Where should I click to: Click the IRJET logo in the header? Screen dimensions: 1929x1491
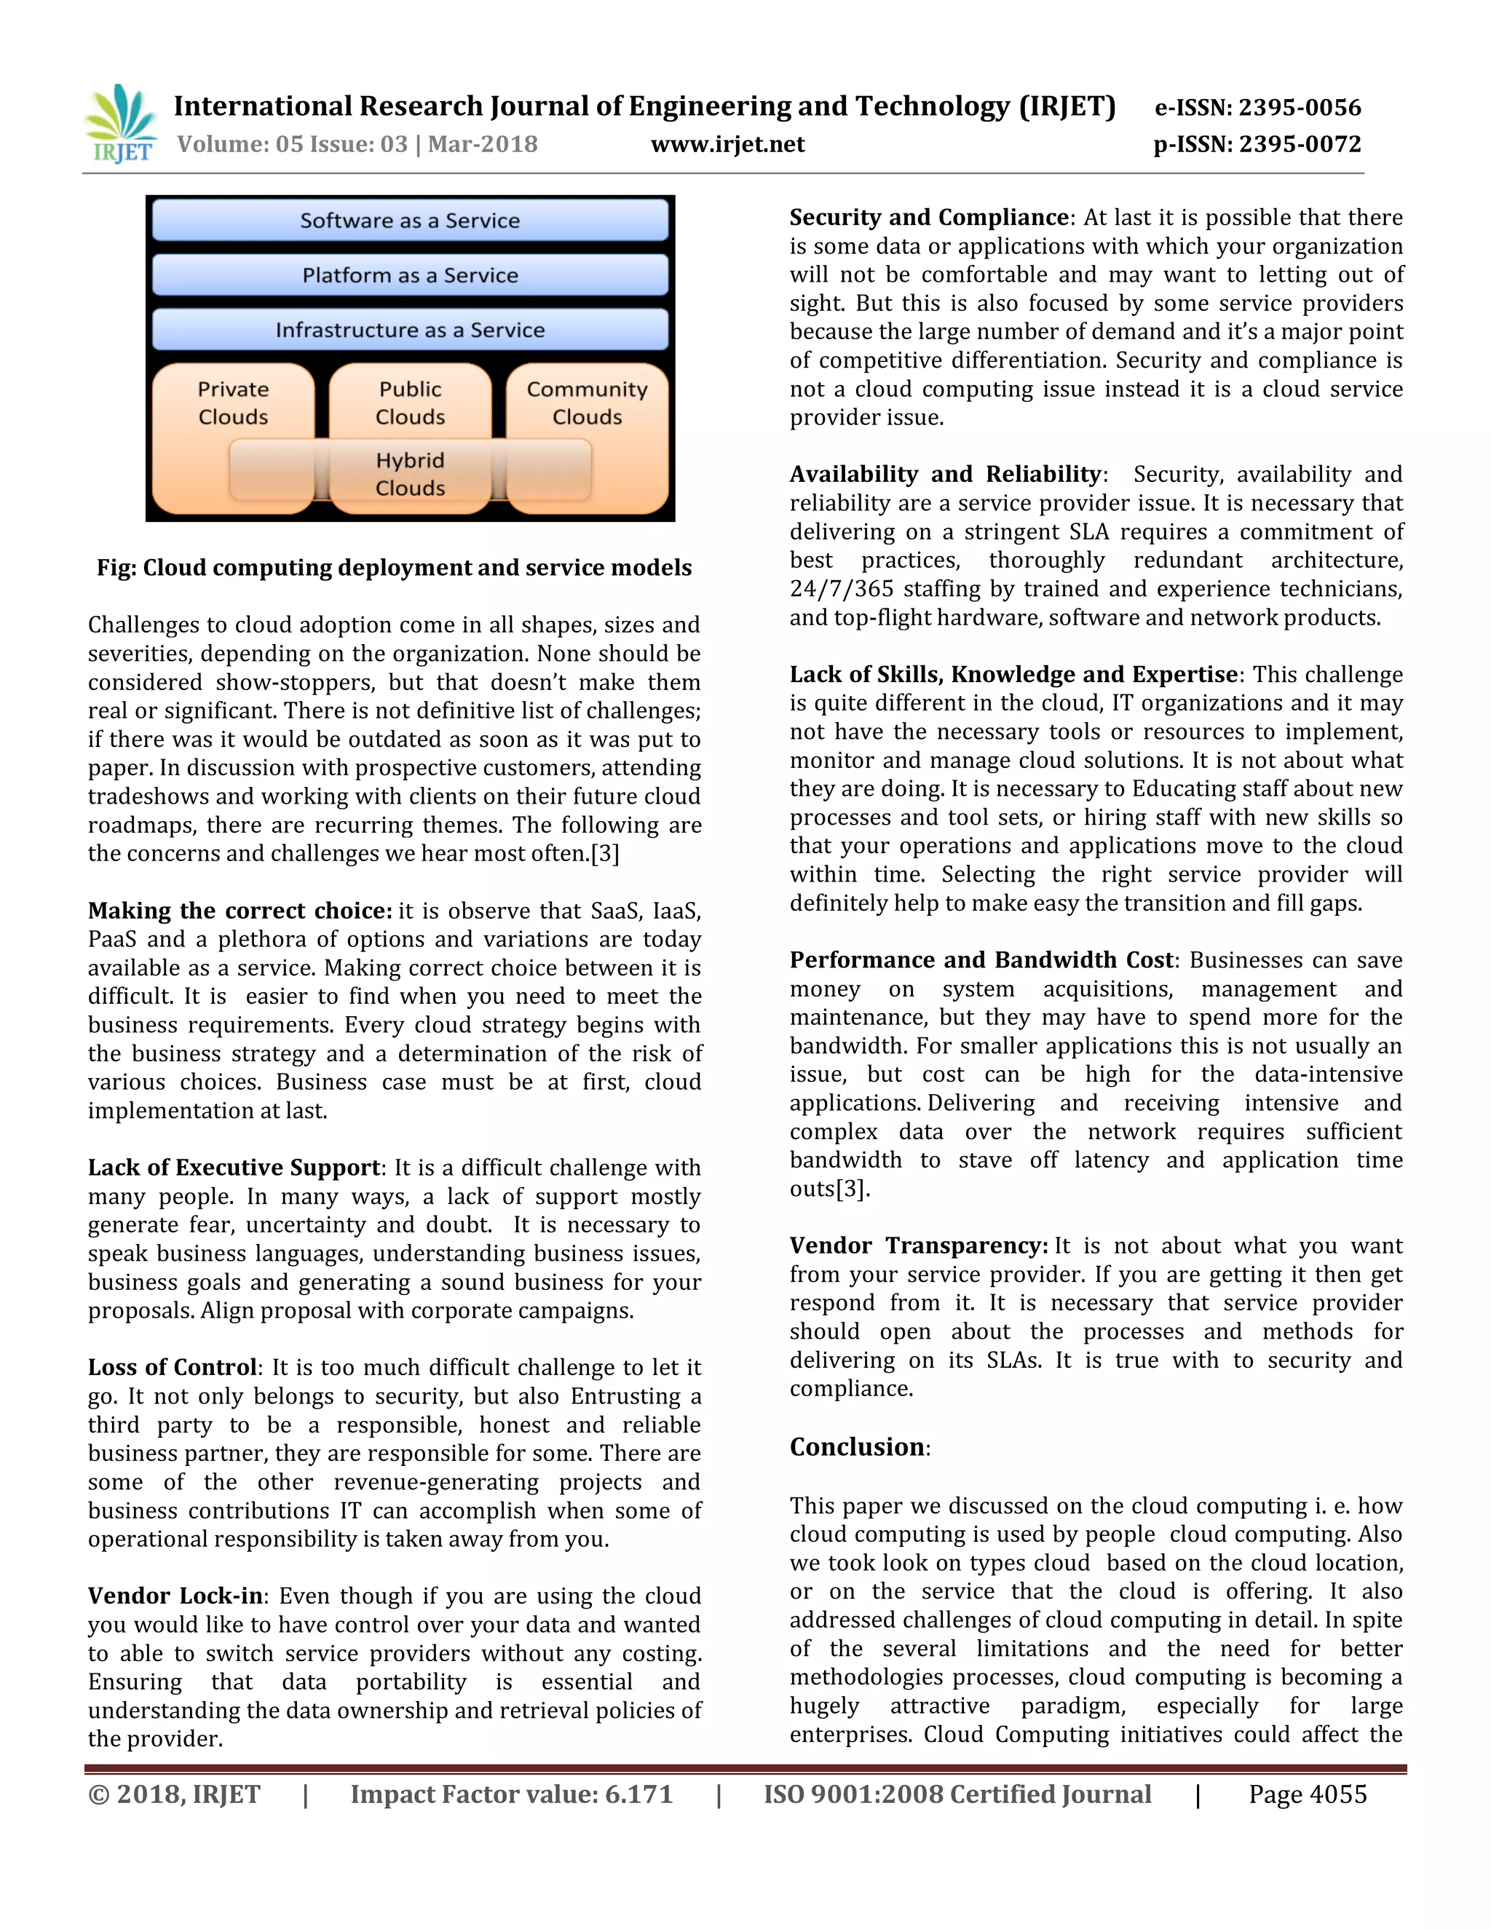(120, 124)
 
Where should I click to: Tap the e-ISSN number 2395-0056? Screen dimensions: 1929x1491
(1300, 108)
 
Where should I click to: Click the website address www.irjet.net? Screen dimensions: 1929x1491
(727, 144)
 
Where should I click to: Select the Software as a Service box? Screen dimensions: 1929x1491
(410, 221)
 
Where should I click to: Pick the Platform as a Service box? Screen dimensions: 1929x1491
(410, 276)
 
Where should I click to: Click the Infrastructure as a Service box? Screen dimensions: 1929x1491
(410, 330)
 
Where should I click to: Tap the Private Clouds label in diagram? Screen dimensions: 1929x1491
(233, 403)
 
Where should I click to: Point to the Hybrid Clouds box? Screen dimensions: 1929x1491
(410, 475)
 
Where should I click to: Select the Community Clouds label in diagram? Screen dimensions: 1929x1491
(587, 403)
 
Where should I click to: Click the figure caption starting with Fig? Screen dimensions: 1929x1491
(394, 568)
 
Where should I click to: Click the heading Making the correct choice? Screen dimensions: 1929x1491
(240, 911)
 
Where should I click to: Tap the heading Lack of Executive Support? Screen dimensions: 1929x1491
(234, 1168)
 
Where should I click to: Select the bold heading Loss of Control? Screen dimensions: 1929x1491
(173, 1367)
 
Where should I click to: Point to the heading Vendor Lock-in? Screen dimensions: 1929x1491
(175, 1596)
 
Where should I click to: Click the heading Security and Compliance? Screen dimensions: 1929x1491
(929, 217)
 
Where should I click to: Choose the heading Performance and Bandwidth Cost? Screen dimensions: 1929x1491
(981, 960)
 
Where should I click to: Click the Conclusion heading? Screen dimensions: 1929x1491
(857, 1447)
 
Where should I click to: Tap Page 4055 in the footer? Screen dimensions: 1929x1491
(1308, 1794)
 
